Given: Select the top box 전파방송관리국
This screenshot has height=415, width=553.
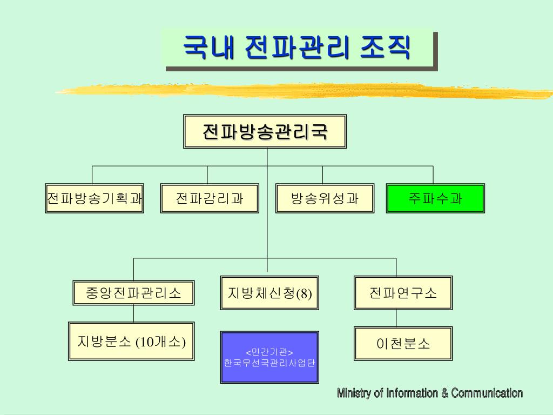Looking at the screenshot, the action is click(x=265, y=131).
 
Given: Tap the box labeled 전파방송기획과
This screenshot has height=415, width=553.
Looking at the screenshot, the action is click(x=95, y=198).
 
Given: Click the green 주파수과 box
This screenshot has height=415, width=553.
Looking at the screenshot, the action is click(x=435, y=198).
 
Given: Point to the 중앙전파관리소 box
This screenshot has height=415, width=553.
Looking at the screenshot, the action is click(x=134, y=293).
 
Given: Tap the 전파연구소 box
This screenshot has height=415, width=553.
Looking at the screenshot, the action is click(x=403, y=293).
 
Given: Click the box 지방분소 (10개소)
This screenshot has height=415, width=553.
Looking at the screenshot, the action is click(x=132, y=342).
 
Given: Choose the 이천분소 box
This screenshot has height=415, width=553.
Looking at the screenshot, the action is click(x=403, y=344).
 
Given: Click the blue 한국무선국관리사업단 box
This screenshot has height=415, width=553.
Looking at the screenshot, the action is click(x=269, y=363).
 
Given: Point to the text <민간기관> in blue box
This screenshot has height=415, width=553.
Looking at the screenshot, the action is click(x=269, y=352).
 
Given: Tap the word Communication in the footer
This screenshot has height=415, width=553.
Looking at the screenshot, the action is click(x=487, y=393).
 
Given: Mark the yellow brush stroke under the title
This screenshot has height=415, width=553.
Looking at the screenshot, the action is click(x=302, y=90).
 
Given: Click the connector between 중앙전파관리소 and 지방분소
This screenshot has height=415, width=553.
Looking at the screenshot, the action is click(x=134, y=313).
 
